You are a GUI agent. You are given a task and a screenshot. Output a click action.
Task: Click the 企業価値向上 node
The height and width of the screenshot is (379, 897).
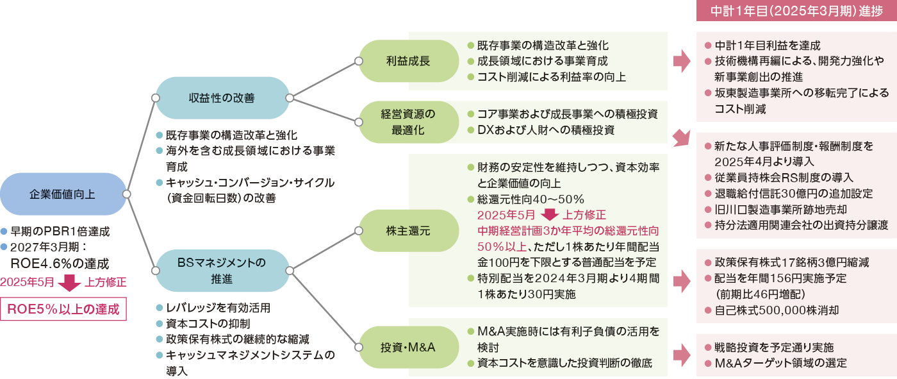63,194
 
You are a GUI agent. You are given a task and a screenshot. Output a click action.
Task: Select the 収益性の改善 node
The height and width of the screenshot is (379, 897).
222,98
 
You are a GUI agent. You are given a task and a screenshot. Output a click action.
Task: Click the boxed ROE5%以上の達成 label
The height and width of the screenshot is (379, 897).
63,308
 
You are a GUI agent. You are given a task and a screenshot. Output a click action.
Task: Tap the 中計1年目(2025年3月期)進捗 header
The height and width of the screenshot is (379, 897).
794,10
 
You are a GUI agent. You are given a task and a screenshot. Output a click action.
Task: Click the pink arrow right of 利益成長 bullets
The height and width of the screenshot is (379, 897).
681,62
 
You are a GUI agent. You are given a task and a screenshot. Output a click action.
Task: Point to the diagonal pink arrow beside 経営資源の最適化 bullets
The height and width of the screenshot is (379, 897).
680,138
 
